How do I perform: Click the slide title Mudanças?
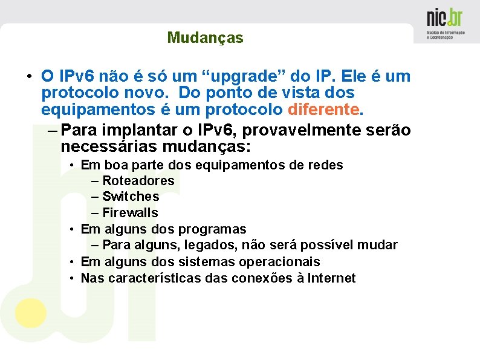pos(205,38)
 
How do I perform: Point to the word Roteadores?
pos(138,180)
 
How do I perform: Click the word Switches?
pos(131,197)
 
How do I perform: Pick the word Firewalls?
pos(130,213)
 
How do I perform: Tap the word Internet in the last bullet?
pos(331,278)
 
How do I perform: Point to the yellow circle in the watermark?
pos(30,313)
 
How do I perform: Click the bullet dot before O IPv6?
pos(28,77)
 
